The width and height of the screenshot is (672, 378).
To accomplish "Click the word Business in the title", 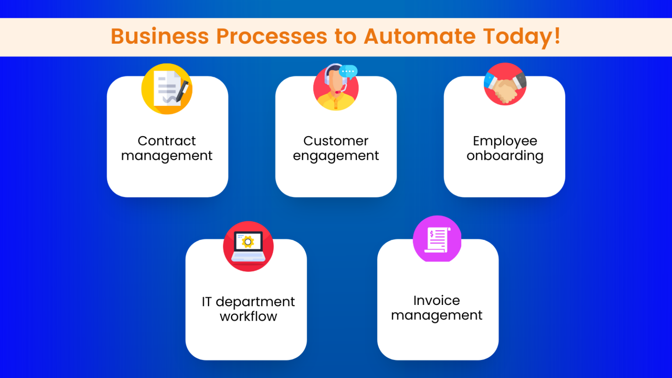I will point(160,36).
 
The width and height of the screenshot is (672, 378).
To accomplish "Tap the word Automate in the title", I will point(420,36).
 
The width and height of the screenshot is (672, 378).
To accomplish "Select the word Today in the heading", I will point(517,37).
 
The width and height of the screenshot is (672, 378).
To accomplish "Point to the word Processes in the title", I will point(271,36).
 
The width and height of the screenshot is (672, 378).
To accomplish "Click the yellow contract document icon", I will point(167,89).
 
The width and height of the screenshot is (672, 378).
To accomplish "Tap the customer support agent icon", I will point(336,87).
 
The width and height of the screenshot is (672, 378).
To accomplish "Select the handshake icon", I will point(505,84).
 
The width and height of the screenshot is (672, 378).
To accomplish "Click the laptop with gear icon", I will point(248,246).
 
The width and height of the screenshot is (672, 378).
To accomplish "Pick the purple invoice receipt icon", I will point(437,239).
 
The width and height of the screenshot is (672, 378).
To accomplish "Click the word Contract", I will point(167,141).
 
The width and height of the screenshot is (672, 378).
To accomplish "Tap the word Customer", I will point(336,141).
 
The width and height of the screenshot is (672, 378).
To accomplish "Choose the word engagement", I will point(336,156).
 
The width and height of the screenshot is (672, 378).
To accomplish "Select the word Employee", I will point(505,141).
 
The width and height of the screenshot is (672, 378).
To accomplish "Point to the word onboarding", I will point(505,156).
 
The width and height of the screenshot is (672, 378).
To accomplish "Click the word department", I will point(255,302).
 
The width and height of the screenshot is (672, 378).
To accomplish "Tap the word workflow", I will point(248,316).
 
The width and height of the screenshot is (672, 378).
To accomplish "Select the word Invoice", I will point(437,301).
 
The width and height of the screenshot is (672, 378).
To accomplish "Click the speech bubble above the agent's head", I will point(348,71).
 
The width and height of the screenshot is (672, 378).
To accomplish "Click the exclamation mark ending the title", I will point(556,36).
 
